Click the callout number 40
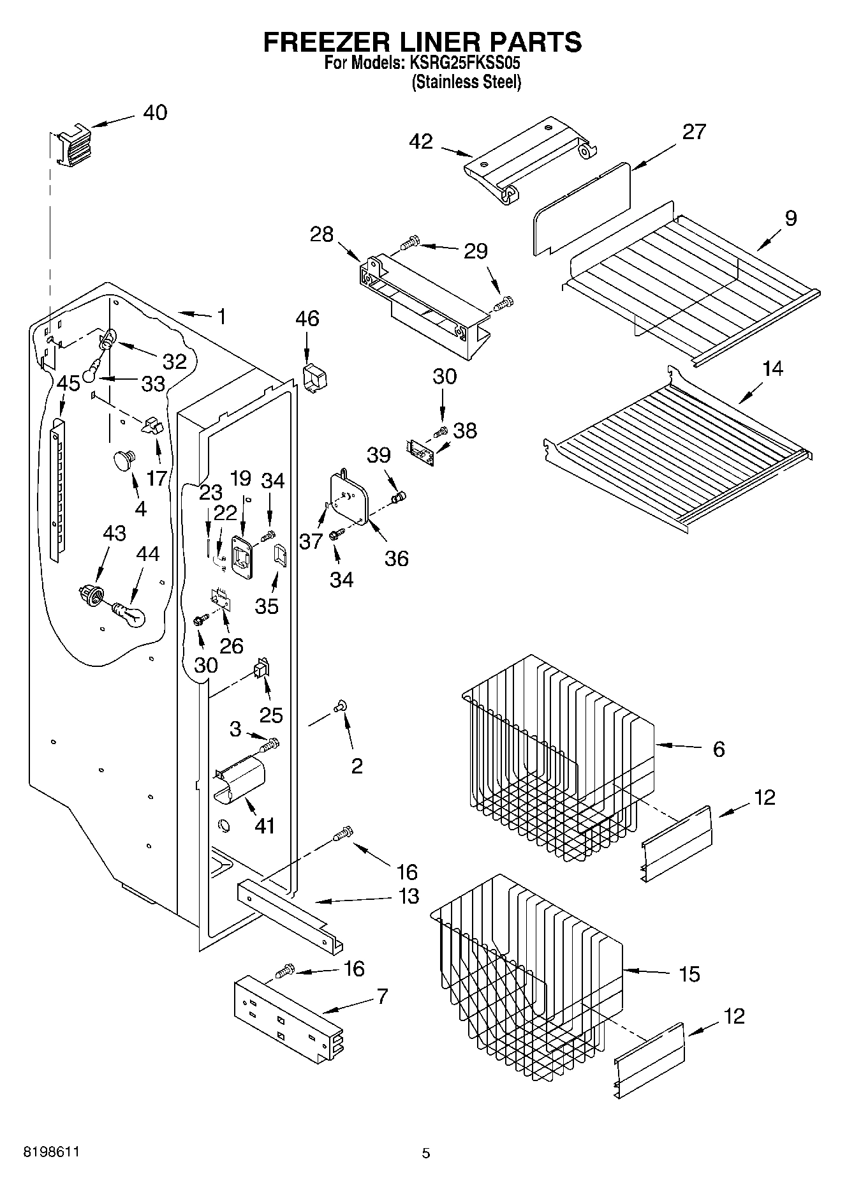[x=155, y=112]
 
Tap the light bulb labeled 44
[x=130, y=614]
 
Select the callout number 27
[x=694, y=131]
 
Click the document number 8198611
[x=51, y=1152]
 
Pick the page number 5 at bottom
[x=426, y=1153]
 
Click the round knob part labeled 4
[x=124, y=459]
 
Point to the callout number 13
[x=408, y=896]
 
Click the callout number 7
[x=382, y=996]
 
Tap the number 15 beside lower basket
[x=689, y=974]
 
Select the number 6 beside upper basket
[x=719, y=749]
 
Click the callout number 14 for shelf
[x=772, y=368]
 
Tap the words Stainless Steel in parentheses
[x=466, y=82]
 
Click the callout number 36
[x=396, y=558]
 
